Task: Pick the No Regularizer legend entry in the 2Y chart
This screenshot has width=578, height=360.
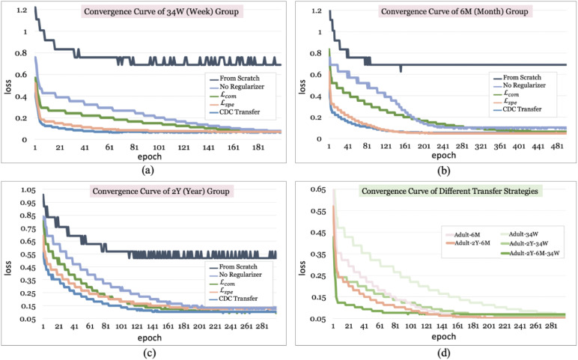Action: click(x=239, y=266)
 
